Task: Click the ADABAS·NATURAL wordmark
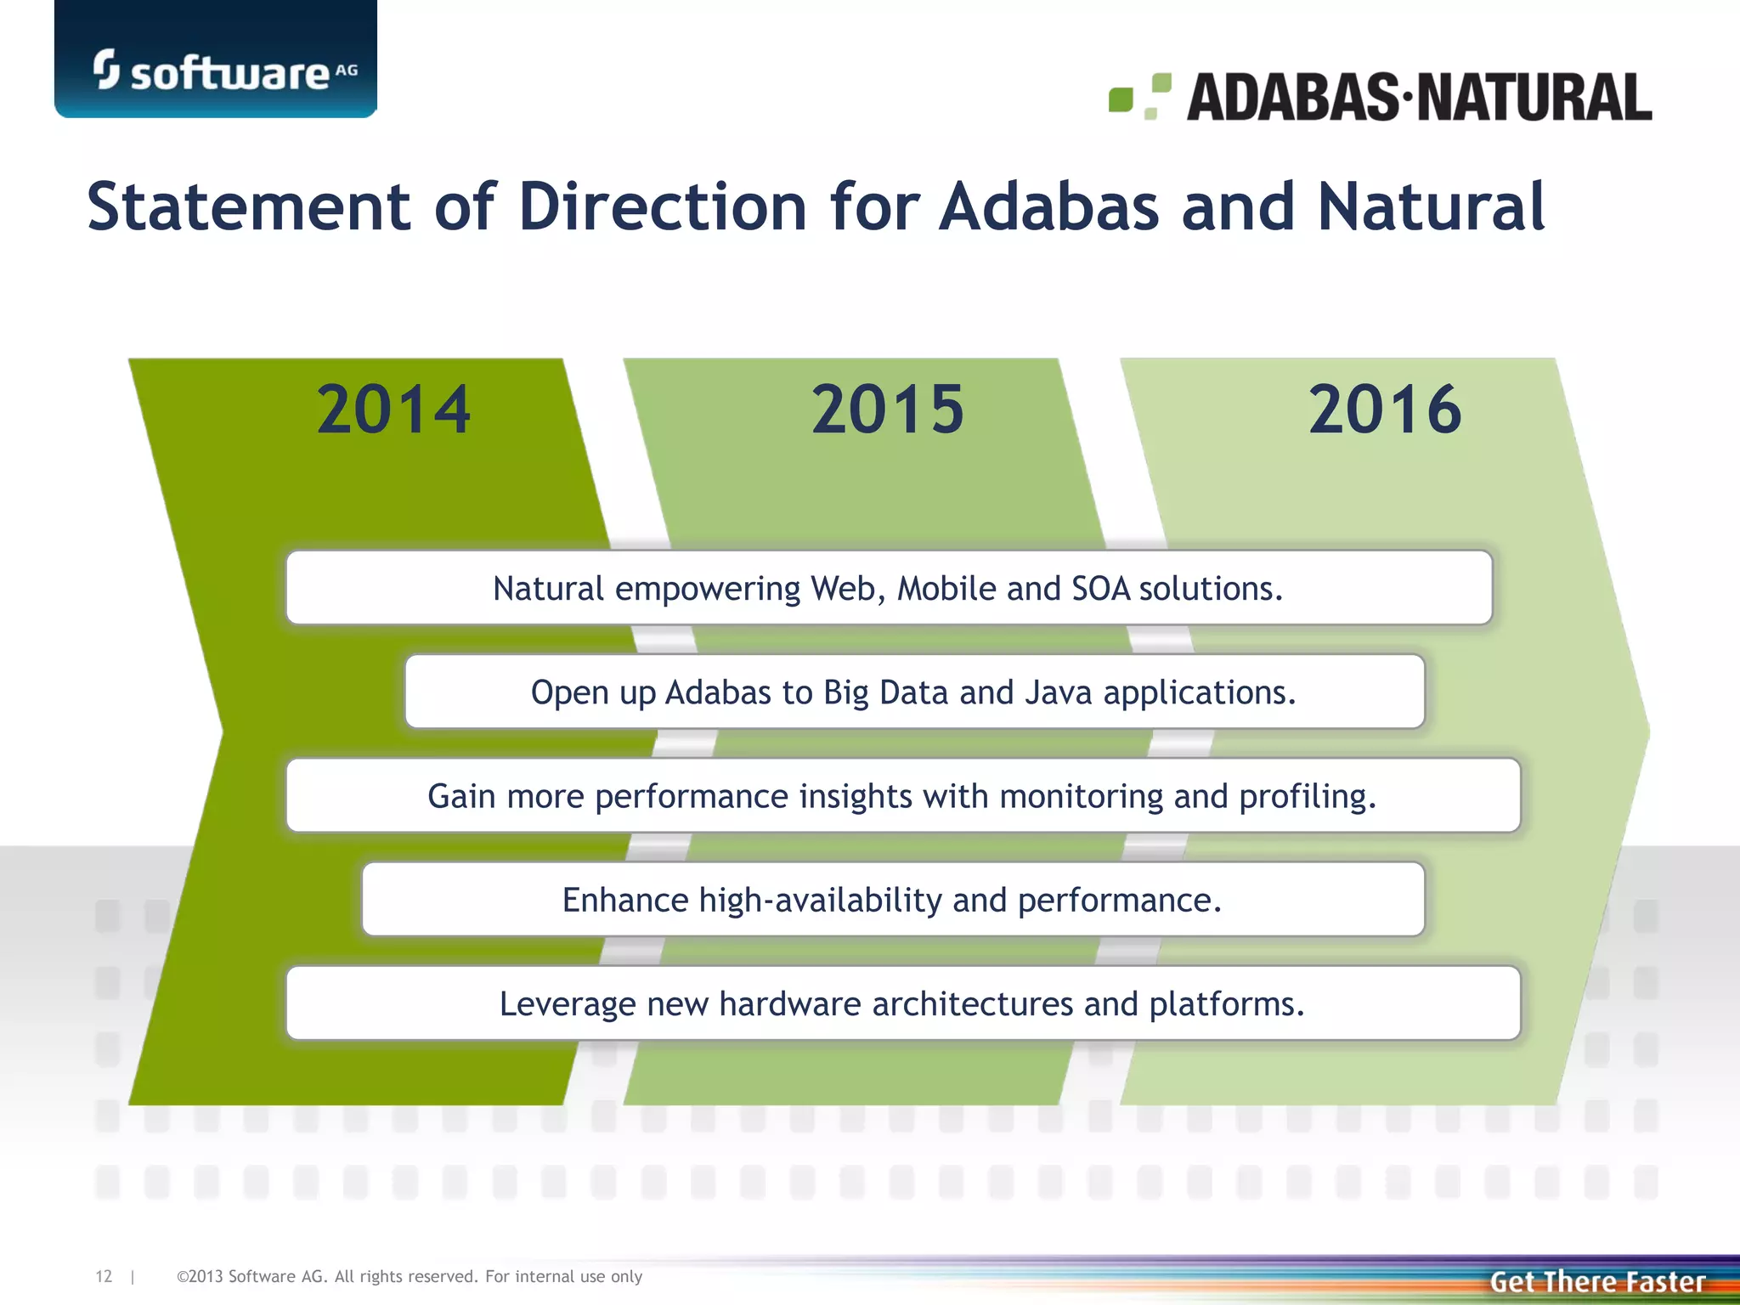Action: click(x=1419, y=98)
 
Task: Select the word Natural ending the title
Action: click(x=1431, y=206)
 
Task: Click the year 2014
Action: click(x=393, y=410)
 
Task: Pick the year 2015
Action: click(x=888, y=410)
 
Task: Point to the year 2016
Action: click(x=1385, y=410)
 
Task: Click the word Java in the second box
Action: click(x=1058, y=692)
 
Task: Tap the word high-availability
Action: click(x=820, y=901)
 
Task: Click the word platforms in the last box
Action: click(x=1226, y=1004)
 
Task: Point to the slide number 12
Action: click(x=104, y=1276)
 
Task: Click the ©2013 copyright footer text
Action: click(x=409, y=1276)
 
